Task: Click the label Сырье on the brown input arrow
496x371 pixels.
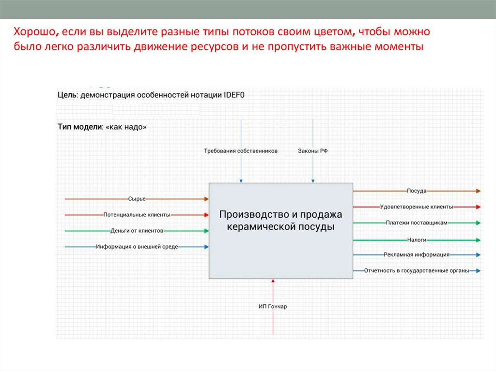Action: pyautogui.click(x=137, y=199)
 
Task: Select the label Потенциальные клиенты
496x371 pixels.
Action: pyautogui.click(x=137, y=214)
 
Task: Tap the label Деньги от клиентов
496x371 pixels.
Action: pyautogui.click(x=137, y=231)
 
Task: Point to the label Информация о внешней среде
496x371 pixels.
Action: pyautogui.click(x=137, y=247)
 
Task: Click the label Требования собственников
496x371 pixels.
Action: pyautogui.click(x=241, y=151)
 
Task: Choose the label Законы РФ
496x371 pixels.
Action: pyautogui.click(x=313, y=151)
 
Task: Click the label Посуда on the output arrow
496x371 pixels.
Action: pyautogui.click(x=417, y=191)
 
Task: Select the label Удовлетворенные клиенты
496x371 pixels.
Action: pyautogui.click(x=417, y=207)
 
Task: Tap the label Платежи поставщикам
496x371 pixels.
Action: pyautogui.click(x=417, y=223)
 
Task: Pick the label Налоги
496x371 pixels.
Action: pyautogui.click(x=417, y=239)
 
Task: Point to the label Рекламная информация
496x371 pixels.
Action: pyautogui.click(x=417, y=254)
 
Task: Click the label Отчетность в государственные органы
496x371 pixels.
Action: pyautogui.click(x=417, y=271)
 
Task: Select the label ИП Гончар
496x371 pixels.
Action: pyautogui.click(x=273, y=306)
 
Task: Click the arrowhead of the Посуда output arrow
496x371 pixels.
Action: pyautogui.click(x=478, y=191)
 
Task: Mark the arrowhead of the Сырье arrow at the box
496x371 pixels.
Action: pyautogui.click(x=206, y=199)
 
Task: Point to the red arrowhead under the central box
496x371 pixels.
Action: pyautogui.click(x=273, y=281)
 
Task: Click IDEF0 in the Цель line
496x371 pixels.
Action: pyautogui.click(x=234, y=95)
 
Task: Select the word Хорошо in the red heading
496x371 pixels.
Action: pyautogui.click(x=33, y=32)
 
